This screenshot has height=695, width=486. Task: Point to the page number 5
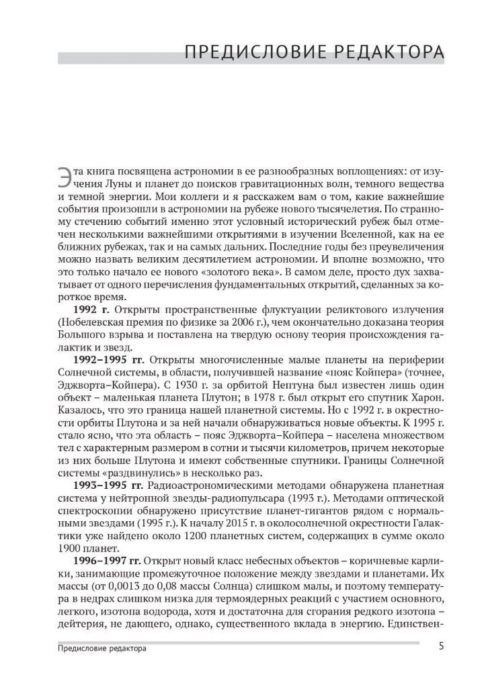tap(440, 647)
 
